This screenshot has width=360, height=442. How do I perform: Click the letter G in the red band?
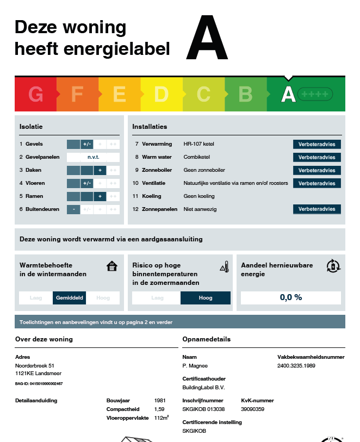36,95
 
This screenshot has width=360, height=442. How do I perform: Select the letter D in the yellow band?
162,95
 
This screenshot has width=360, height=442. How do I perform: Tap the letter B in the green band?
245,95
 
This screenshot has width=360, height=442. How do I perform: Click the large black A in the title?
207,38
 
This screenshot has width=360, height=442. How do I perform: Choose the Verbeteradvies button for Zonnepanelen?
317,209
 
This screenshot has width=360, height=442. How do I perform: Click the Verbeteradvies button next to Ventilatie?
317,183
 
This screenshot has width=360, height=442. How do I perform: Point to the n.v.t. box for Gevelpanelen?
93,157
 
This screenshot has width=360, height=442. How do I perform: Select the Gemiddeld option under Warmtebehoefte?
70,298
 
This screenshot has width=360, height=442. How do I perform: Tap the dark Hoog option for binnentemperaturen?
206,298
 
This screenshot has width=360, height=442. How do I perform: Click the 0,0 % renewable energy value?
291,297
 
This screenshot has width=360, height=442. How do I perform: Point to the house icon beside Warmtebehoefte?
112,266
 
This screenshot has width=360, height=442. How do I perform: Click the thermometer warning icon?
224,266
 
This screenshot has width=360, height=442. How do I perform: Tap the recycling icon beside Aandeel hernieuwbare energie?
333,266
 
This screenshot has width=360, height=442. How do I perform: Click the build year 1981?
160,401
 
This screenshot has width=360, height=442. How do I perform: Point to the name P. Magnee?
195,366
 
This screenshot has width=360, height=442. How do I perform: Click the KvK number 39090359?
252,409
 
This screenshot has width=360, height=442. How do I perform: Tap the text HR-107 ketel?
200,144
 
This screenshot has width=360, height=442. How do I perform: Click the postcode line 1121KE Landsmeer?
39,374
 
